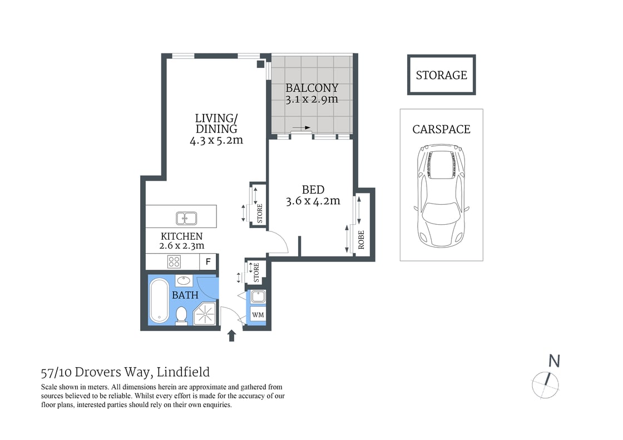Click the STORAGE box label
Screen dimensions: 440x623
click(x=441, y=75)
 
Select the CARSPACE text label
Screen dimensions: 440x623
click(x=441, y=129)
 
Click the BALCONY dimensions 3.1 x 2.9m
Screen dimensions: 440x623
click(x=311, y=100)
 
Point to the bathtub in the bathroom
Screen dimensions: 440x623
click(x=159, y=301)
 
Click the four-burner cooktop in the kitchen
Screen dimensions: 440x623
click(x=174, y=261)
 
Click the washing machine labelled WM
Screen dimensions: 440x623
click(x=258, y=315)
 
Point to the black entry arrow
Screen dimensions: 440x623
click(x=232, y=335)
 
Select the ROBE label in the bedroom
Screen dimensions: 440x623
click(x=362, y=239)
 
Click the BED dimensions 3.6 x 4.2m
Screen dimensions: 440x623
click(x=313, y=201)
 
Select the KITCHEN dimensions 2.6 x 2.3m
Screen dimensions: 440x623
click(x=181, y=245)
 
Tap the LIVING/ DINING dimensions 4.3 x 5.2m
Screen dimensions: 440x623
click(x=216, y=140)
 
